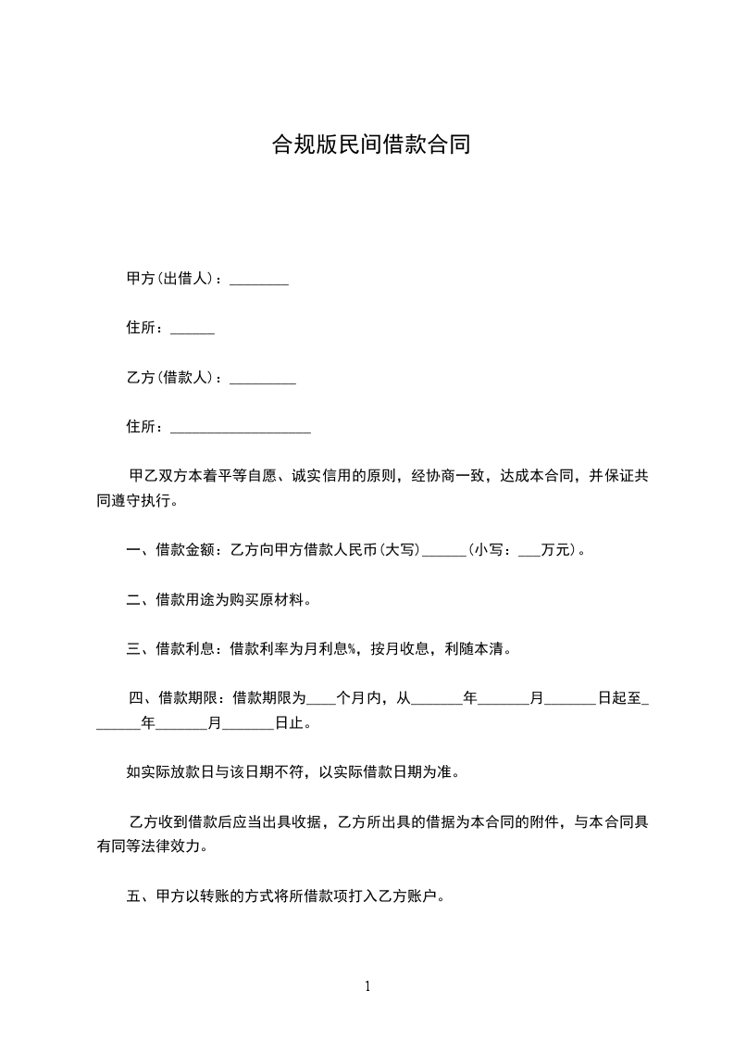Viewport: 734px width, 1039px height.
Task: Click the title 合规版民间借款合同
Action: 370,144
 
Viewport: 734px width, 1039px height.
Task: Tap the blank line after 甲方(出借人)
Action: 258,281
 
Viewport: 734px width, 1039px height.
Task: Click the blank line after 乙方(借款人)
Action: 262,380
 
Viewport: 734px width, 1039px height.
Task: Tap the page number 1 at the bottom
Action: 367,986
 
